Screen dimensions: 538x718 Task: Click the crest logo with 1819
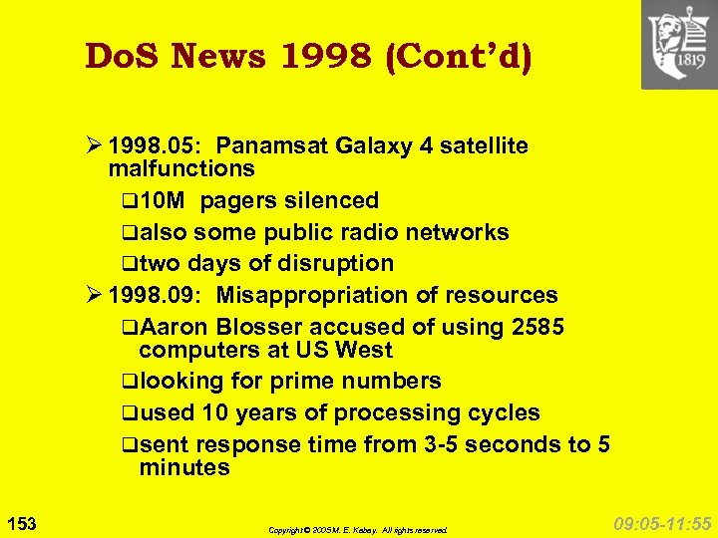(678, 45)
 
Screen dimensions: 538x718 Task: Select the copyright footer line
(358, 530)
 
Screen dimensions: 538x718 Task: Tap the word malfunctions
(181, 168)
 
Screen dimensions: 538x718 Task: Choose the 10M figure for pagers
(164, 200)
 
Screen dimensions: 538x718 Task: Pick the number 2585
(536, 327)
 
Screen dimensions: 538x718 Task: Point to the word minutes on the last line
(184, 466)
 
